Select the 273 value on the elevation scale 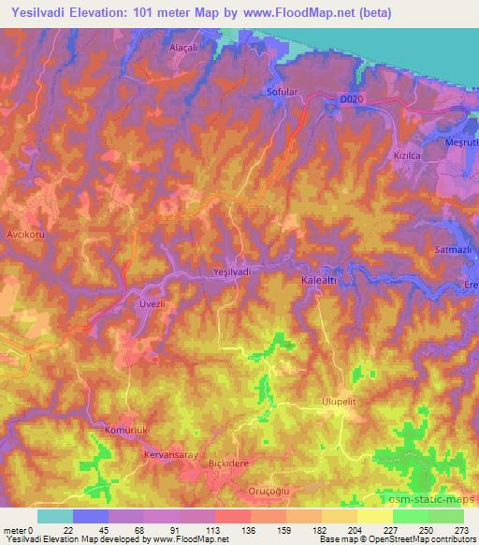click(x=462, y=530)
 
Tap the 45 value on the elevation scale click(x=90, y=530)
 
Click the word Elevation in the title click(x=102, y=14)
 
